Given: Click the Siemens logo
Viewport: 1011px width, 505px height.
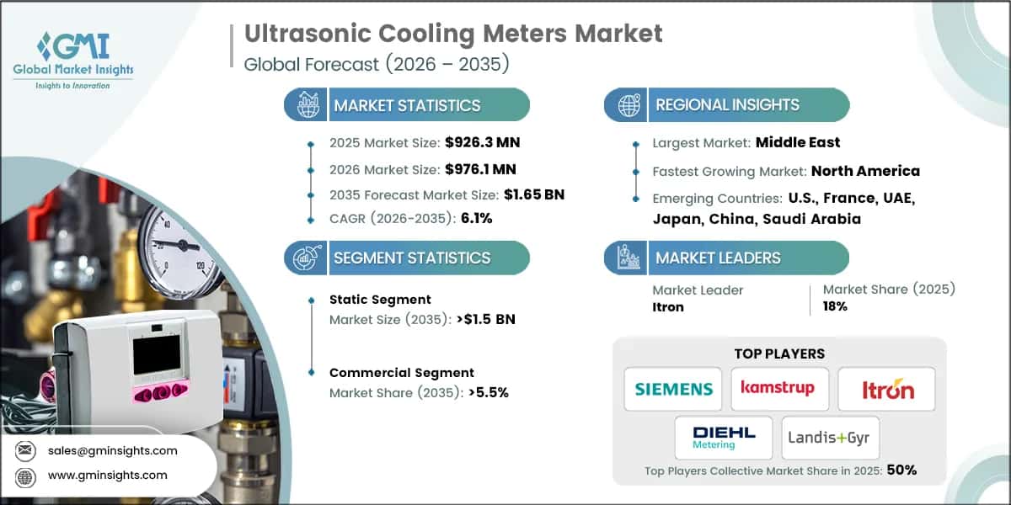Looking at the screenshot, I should click(672, 389).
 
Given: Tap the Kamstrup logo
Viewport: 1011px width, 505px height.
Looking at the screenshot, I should click(779, 389).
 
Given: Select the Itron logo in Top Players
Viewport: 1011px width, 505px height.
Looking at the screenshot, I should click(886, 389).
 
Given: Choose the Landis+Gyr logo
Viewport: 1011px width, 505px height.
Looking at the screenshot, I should click(830, 438).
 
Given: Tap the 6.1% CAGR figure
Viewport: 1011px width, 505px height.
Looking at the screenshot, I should click(476, 219).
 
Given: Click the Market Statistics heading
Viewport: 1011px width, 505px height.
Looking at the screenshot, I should click(407, 105).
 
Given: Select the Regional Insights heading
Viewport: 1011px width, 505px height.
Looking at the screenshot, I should click(727, 105).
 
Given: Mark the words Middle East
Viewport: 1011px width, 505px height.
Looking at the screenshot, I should click(798, 143).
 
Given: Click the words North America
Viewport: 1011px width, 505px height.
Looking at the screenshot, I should click(865, 171).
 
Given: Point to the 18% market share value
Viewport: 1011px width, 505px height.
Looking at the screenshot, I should click(835, 306).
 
